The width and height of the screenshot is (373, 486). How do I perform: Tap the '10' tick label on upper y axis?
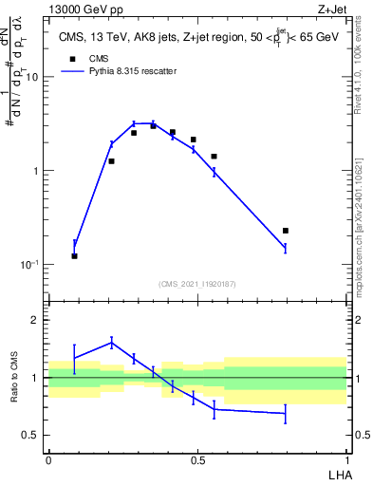(31, 78)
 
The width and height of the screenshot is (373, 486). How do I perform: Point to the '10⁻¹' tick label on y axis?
(28, 265)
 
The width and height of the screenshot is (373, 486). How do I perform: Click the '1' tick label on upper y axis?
(35, 171)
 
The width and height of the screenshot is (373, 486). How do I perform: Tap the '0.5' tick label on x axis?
(197, 458)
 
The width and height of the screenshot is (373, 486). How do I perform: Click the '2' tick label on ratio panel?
(36, 321)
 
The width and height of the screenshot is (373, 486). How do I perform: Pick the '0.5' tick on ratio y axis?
(31, 436)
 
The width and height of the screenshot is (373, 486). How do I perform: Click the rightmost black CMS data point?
(285, 231)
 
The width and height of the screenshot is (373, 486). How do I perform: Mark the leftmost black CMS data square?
(75, 256)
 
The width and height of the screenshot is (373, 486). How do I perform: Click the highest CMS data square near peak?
(153, 125)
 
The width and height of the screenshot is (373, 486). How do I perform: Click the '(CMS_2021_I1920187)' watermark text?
(197, 283)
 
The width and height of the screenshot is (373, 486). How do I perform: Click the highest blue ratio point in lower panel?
(112, 343)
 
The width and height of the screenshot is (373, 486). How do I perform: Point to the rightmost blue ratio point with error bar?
(285, 414)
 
